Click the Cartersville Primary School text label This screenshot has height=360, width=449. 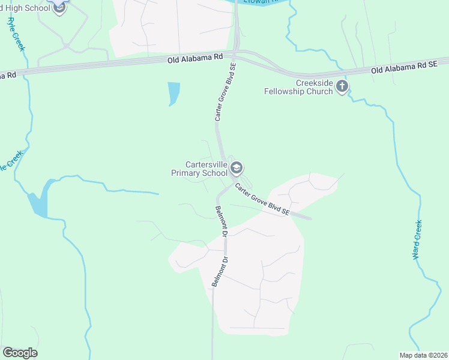pos(206,169)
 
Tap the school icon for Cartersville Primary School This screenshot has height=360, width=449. pos(237,168)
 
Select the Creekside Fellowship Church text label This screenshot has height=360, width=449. pos(298,87)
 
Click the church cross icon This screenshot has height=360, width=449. pos(342,87)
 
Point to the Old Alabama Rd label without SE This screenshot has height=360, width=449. pos(196,59)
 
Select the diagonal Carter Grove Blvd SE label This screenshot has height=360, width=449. pos(262,200)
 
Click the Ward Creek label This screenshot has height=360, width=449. pos(418,239)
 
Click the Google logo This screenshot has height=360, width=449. pos(20,353)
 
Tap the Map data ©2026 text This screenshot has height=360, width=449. pos(423,355)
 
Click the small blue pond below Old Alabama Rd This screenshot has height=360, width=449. pos(174,93)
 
